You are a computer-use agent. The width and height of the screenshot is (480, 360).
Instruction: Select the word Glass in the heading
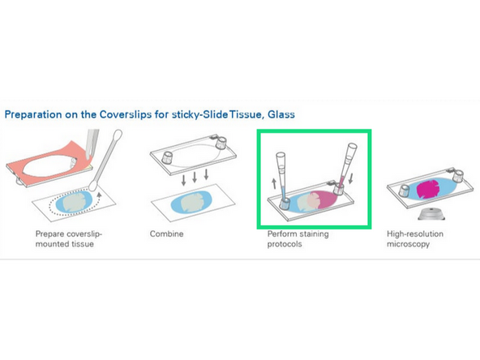click(278, 115)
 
